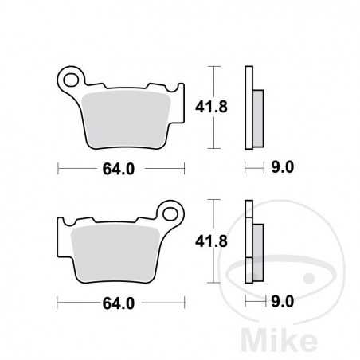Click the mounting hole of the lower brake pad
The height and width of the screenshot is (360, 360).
click(x=170, y=212)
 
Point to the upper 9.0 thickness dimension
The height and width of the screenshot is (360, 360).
click(x=284, y=167)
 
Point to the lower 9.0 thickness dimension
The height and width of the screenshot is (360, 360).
click(x=284, y=303)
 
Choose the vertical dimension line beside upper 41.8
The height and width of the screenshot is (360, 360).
click(x=212, y=106)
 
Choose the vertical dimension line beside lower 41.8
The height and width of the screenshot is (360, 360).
click(x=212, y=241)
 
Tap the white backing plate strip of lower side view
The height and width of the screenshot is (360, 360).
click(x=248, y=241)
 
